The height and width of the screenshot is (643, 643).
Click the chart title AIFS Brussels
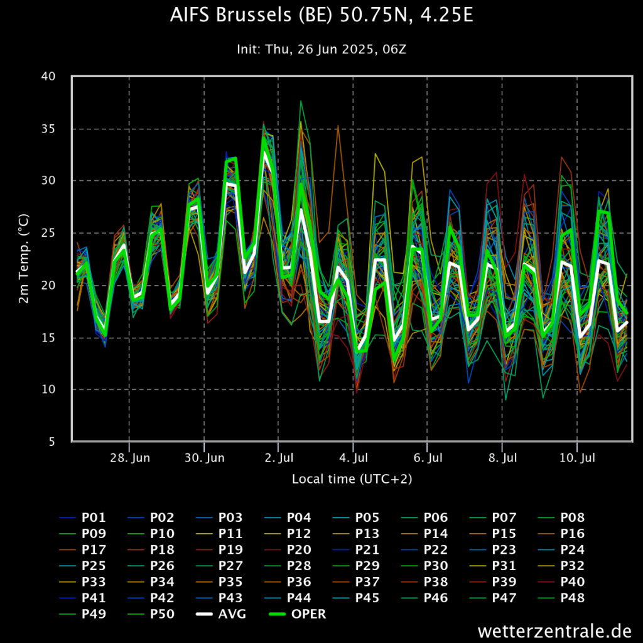pos(321,16)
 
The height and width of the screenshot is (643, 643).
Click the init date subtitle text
pos(321,49)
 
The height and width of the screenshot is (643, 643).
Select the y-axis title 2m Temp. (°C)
pos(23,259)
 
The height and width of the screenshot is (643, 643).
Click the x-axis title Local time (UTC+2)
pos(352,479)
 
